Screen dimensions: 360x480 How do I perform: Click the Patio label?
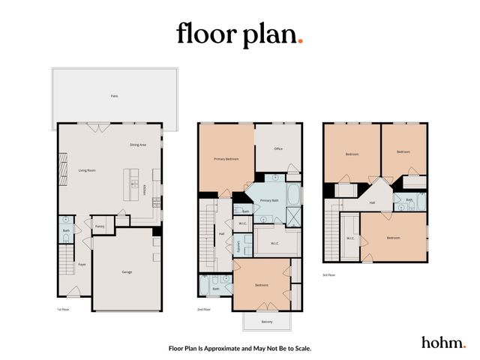114,96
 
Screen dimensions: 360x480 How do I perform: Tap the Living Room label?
87,170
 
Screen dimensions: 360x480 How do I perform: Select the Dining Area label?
137,145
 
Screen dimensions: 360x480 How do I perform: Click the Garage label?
127,271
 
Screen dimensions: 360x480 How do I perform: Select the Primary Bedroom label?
226,159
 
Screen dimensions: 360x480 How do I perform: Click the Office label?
277,148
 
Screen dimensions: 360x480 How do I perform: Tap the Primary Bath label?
269,201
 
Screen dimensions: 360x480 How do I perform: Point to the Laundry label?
238,245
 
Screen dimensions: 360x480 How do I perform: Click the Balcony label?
266,322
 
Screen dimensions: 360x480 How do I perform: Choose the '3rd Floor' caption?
329,274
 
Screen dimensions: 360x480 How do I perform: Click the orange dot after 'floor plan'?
300,41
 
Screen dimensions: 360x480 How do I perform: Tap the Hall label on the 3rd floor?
372,202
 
